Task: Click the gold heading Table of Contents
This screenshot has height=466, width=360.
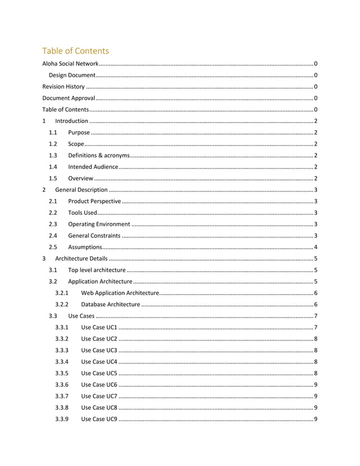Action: (x=76, y=51)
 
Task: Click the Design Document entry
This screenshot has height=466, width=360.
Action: (x=71, y=75)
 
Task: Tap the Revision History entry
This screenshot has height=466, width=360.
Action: (x=64, y=87)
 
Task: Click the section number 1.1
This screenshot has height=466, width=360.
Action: (x=53, y=133)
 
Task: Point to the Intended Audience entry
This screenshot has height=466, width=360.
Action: (x=93, y=167)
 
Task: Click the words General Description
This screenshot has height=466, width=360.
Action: (x=81, y=190)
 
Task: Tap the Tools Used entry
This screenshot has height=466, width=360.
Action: (x=82, y=213)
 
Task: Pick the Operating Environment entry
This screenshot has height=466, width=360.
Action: (x=99, y=224)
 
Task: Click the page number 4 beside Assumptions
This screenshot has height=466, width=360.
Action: (x=315, y=247)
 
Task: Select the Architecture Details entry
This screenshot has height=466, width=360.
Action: (x=81, y=258)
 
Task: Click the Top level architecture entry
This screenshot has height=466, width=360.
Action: (x=96, y=270)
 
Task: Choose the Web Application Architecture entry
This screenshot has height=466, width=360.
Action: (x=120, y=293)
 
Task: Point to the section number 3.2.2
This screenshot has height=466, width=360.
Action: (x=62, y=305)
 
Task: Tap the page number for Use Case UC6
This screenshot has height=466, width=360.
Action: (x=315, y=385)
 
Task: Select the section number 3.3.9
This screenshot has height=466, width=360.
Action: (x=62, y=419)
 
